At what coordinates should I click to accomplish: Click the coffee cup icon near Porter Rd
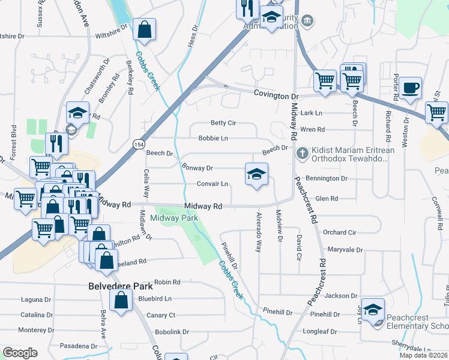[411, 88]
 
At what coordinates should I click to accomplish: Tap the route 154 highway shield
[139, 145]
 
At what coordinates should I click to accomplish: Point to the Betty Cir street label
[223, 123]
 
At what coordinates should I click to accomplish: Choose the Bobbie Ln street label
[213, 139]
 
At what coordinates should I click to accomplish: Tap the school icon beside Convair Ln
[256, 175]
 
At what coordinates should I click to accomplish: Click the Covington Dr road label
[276, 95]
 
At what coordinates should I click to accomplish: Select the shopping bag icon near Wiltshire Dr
[145, 29]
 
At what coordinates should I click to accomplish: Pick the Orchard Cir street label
[339, 232]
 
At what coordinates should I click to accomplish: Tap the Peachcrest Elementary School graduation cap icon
[373, 310]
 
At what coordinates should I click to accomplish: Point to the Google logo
[20, 353]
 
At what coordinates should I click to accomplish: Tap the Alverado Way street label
[259, 232]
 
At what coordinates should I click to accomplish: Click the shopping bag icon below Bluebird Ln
[121, 302]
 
